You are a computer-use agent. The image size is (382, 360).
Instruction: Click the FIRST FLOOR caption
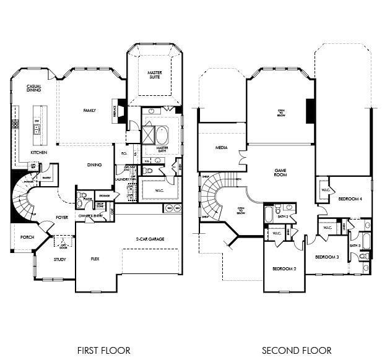[103, 350]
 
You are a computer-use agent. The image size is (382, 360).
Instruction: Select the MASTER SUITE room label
[155, 75]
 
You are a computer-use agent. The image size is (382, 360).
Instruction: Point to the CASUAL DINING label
[33, 88]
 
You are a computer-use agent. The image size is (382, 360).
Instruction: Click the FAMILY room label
[90, 110]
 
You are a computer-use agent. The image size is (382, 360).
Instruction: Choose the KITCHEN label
[39, 152]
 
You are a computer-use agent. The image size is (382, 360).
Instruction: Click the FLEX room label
[95, 259]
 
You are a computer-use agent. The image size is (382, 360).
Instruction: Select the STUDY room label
[59, 259]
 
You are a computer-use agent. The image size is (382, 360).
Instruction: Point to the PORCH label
[27, 236]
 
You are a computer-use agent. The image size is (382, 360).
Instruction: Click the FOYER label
[62, 217]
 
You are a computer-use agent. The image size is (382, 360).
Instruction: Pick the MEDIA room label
[221, 148]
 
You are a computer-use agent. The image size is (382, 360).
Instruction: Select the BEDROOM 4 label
[350, 199]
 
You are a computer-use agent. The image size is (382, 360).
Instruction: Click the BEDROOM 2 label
[285, 268]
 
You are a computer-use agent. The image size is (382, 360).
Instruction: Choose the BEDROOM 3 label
[326, 257]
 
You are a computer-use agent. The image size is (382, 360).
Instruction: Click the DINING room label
[94, 165]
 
